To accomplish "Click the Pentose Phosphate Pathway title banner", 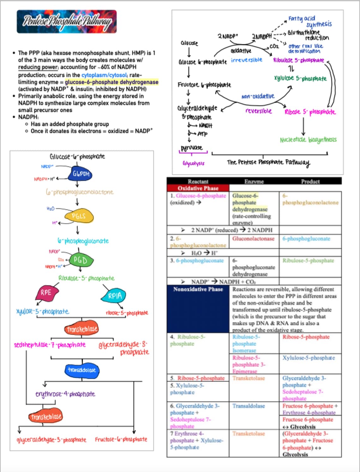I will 67,21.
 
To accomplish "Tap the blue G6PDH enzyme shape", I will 81,174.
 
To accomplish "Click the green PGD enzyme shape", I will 80,260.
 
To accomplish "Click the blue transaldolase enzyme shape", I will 82,370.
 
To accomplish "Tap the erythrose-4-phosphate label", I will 65,394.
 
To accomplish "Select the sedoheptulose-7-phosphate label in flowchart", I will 50,344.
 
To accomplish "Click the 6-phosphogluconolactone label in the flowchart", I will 79,192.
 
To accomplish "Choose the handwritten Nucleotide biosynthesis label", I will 308,140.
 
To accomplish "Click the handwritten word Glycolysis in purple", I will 193,163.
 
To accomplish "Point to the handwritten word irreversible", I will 246,60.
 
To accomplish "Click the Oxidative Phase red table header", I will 198,188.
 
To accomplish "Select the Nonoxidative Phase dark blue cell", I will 198,308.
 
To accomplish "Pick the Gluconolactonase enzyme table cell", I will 253,239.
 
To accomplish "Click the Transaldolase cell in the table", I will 249,406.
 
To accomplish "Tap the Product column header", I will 310,181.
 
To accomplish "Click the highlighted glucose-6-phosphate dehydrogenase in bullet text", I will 111,82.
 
